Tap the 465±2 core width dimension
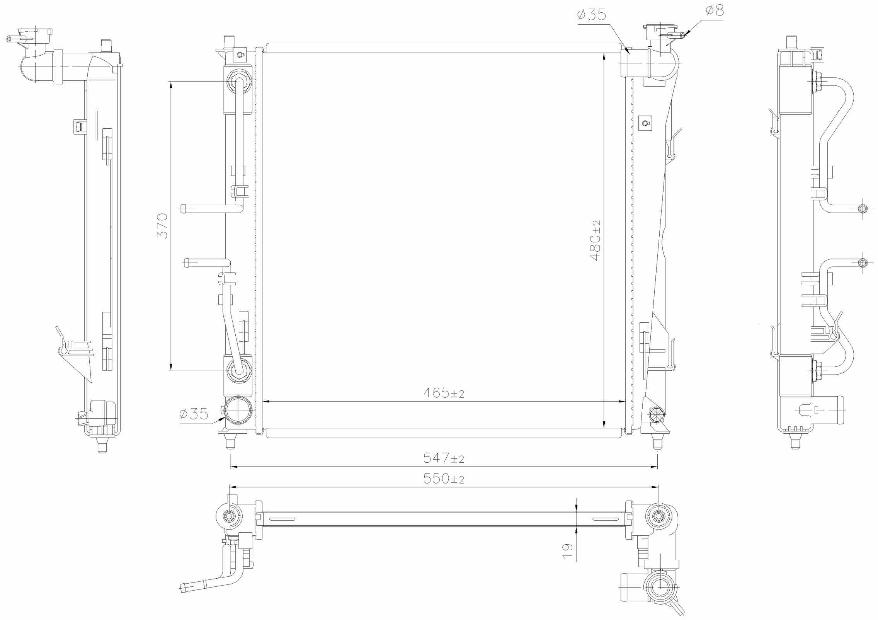(x=443, y=393)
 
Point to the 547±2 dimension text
(x=443, y=458)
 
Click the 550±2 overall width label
(x=443, y=479)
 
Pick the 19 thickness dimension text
(x=567, y=551)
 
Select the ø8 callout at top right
(x=714, y=11)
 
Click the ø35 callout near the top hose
(x=591, y=15)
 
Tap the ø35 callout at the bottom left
(x=194, y=414)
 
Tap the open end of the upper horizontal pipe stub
(x=183, y=209)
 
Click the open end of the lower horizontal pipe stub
(x=186, y=263)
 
